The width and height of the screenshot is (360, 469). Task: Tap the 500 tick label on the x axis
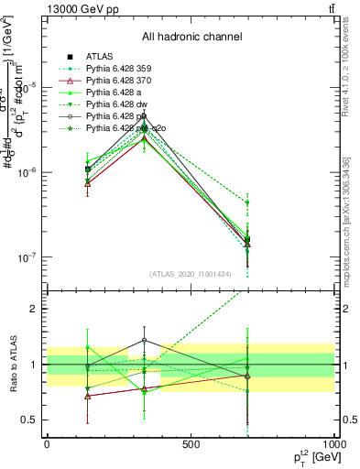(x=191, y=443)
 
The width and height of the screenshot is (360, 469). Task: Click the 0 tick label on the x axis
(x=47, y=443)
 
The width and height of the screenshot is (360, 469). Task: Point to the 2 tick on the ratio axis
(x=37, y=309)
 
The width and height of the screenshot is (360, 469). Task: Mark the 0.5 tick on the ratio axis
(x=32, y=420)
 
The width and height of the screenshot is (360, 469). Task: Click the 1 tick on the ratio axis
(x=37, y=365)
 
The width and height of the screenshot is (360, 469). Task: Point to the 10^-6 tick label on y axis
(x=27, y=172)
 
